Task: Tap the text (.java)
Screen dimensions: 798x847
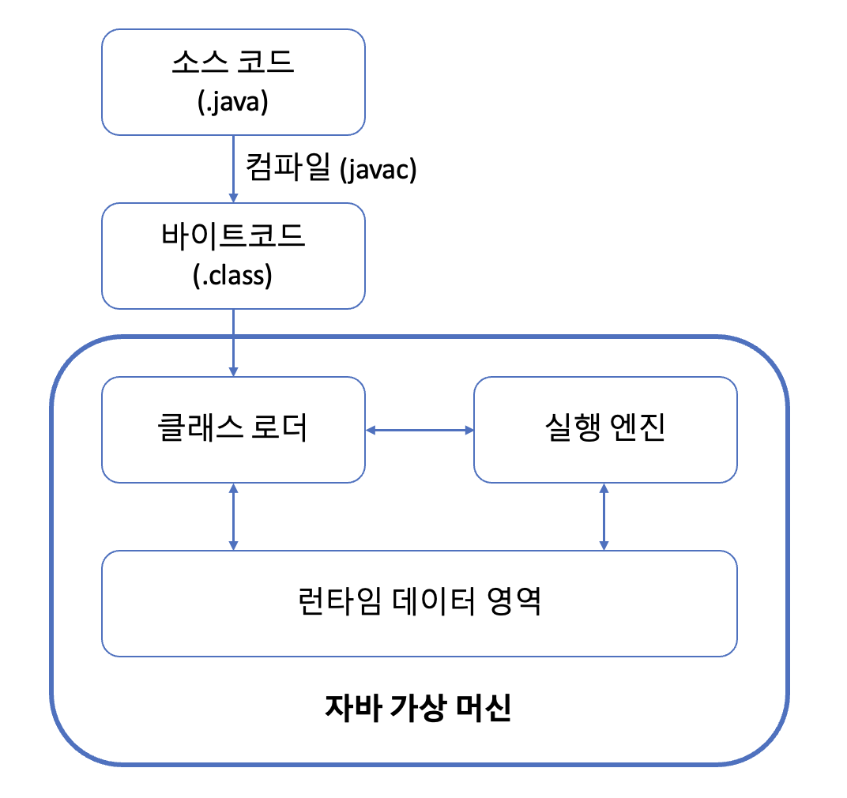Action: click(x=233, y=104)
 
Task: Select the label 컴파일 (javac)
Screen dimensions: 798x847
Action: click(x=330, y=169)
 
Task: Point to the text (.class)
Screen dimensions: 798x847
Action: click(x=233, y=277)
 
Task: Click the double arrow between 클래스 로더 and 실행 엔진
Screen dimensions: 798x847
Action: click(x=419, y=430)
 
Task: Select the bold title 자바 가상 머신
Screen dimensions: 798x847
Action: click(x=418, y=707)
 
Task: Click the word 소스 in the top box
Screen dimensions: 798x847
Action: click(x=195, y=63)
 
